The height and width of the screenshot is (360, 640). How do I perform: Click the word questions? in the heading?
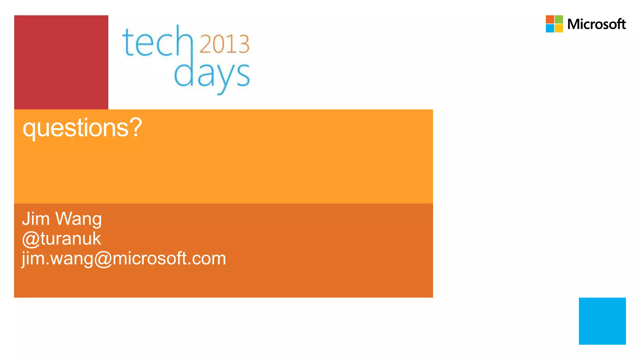coord(82,128)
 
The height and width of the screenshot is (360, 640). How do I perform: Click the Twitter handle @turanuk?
coord(62,239)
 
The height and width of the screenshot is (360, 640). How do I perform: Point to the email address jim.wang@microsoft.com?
coord(124,259)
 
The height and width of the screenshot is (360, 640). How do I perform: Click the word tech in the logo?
coord(158,42)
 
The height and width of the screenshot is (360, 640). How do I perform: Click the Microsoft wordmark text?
coord(596,24)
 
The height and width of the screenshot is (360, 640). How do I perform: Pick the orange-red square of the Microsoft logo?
coord(550,19)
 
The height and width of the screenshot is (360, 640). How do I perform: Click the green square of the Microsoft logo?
coord(559,19)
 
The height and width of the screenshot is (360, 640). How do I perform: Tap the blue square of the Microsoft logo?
coord(550,28)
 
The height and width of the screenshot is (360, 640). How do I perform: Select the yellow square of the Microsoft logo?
coord(559,28)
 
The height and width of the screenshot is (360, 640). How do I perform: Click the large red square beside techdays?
coord(61,62)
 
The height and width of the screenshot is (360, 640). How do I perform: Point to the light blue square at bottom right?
coord(602,321)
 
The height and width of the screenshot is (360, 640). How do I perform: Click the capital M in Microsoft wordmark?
coord(574,24)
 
